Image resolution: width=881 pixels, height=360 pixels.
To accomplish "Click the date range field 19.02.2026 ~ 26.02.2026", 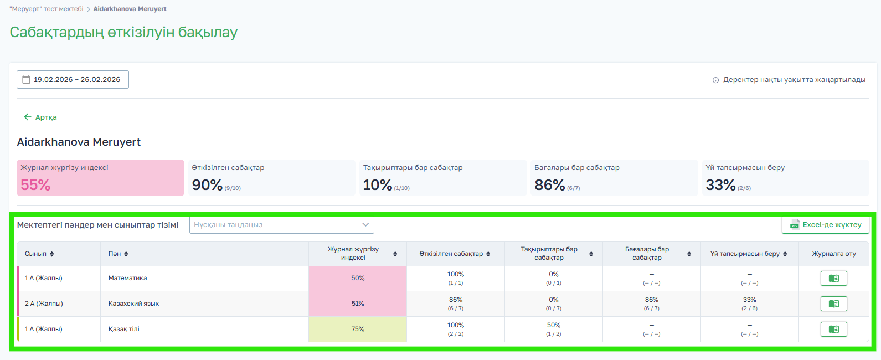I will [73, 80].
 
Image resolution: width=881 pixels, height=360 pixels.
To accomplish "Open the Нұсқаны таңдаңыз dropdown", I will [281, 225].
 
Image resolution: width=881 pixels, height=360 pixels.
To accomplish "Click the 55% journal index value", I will [35, 185].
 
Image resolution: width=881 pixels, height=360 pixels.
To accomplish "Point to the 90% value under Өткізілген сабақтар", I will [207, 185].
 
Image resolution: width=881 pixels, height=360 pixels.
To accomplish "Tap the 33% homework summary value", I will [720, 185].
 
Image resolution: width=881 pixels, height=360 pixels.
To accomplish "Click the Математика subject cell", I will [128, 278].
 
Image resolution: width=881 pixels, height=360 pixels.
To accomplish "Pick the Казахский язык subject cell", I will [133, 304].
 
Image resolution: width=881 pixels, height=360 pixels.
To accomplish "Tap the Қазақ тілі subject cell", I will [124, 329].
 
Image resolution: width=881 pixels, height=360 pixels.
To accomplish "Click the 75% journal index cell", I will [358, 329].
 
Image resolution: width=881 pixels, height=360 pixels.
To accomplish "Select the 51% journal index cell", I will [358, 304].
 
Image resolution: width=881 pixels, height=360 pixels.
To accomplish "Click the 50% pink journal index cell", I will [358, 278].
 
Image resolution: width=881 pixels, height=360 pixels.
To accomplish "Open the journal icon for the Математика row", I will [833, 279].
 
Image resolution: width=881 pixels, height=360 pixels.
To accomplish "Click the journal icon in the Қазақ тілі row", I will [833, 330].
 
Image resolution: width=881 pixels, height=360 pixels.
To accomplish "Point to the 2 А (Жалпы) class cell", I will [44, 304].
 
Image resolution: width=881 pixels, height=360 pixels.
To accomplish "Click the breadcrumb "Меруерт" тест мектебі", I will [47, 9].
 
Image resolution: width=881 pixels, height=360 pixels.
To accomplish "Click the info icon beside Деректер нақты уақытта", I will [715, 80].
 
